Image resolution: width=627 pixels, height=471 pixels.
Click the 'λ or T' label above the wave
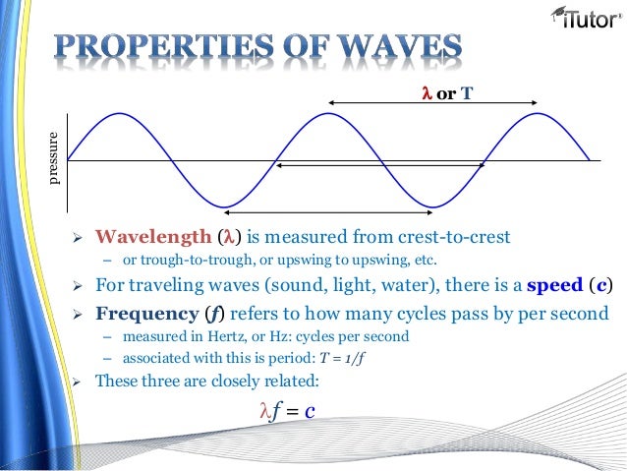tap(447, 94)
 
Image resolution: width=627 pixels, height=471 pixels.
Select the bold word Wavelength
tap(151, 238)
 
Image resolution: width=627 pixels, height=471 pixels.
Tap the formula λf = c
tap(285, 410)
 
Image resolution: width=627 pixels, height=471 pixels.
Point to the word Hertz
tap(200, 336)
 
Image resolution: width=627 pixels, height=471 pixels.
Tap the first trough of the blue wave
tap(225, 206)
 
